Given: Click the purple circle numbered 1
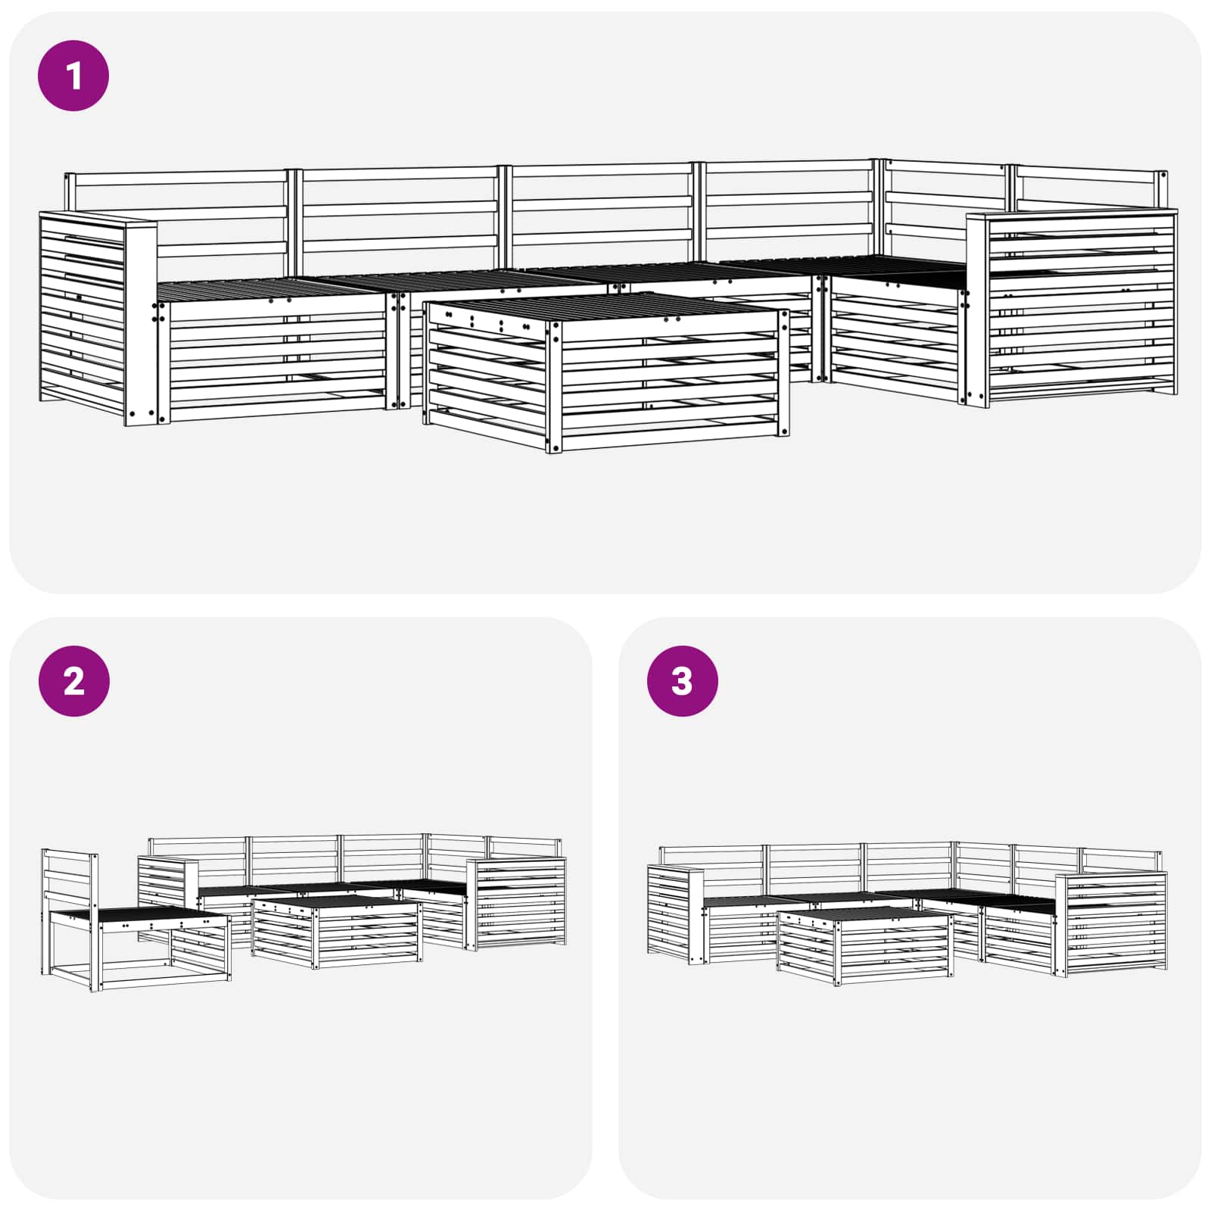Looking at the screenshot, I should coord(73,76).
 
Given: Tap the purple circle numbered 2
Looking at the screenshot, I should coord(73,681).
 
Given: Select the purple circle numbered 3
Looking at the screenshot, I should coord(682,681).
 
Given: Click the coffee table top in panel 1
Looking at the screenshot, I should coord(605,307).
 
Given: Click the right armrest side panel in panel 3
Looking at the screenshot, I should coord(1113,923).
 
